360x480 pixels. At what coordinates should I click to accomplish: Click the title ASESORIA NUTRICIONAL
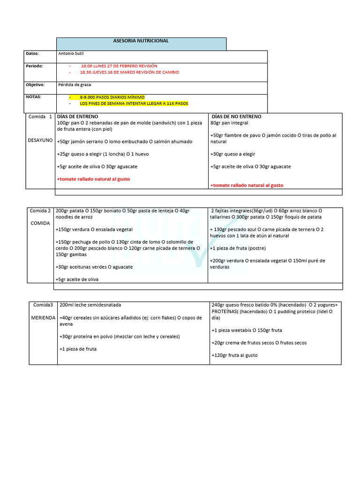point(141,41)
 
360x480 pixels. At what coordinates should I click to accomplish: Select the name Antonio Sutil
point(70,53)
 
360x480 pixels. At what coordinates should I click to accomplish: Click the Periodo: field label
point(34,66)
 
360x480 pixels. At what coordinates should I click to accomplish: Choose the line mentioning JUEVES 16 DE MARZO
point(129,72)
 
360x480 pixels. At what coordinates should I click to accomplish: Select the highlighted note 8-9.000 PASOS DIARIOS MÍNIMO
point(112,97)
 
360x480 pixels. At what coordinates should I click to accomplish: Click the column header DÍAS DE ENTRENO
point(77,116)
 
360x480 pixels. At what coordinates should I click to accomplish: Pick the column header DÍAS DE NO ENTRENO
point(237,116)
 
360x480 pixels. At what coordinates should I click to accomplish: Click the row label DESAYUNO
point(41,140)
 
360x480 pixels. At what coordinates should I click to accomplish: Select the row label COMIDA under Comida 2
point(40,223)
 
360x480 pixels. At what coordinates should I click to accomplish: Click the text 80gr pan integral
point(229,123)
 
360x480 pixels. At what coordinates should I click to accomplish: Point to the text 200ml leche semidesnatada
point(90,305)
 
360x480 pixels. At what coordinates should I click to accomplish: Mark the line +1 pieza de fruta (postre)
point(239,248)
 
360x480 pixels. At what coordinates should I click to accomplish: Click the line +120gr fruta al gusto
point(235,355)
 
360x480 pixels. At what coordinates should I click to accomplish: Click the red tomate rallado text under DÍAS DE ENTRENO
point(93,179)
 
